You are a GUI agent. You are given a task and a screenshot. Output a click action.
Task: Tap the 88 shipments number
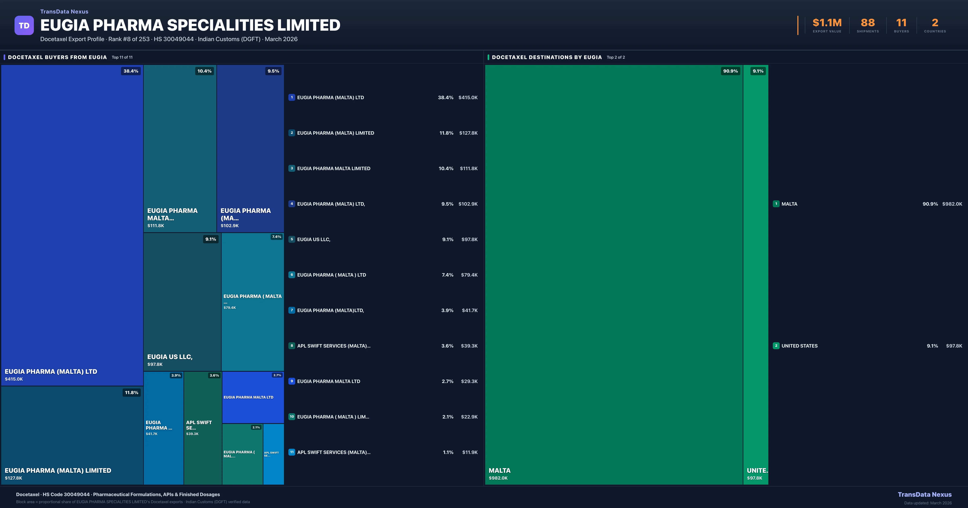pos(868,23)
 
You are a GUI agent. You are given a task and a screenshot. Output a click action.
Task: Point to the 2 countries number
pos(935,23)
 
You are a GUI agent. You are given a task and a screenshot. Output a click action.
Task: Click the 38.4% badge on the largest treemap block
pos(131,71)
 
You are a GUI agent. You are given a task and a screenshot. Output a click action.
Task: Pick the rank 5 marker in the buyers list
pos(292,239)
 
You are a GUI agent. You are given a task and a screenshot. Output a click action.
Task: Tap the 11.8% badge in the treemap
pos(131,393)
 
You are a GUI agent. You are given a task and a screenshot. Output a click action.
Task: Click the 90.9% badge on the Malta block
pos(730,71)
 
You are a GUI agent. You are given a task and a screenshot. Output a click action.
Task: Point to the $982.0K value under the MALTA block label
pos(498,478)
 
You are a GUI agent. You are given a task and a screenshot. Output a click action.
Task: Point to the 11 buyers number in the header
pos(901,23)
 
